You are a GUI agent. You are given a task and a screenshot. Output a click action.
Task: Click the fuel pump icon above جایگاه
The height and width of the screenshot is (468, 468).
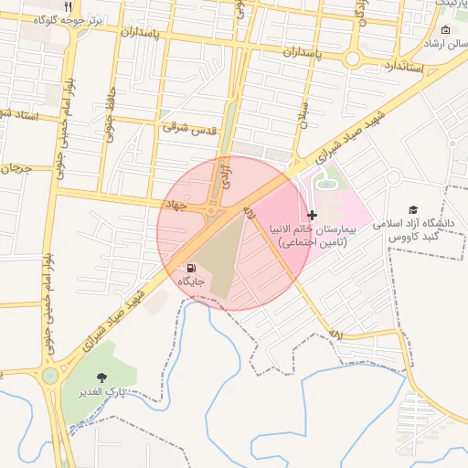[190, 268]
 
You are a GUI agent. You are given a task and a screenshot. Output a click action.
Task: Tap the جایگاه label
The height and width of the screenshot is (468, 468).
[190, 282]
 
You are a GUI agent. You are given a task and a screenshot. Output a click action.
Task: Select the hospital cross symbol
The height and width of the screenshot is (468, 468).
[313, 216]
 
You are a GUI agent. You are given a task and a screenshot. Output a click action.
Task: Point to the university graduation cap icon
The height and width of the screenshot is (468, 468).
[413, 209]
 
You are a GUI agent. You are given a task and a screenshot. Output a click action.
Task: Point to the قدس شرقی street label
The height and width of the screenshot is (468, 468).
[190, 130]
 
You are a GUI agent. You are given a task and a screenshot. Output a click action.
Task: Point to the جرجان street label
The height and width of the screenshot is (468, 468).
[16, 169]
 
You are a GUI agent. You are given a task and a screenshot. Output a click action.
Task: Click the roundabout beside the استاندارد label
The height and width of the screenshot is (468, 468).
[352, 58]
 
